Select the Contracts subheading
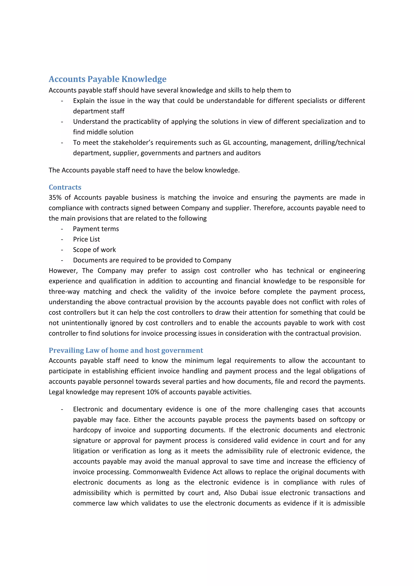pyautogui.click(x=65, y=187)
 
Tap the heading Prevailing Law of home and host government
pyautogui.click(x=126, y=350)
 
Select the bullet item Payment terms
pyautogui.click(x=96, y=229)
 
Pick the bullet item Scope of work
pyautogui.click(x=94, y=250)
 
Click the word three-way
pyautogui.click(x=64, y=291)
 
